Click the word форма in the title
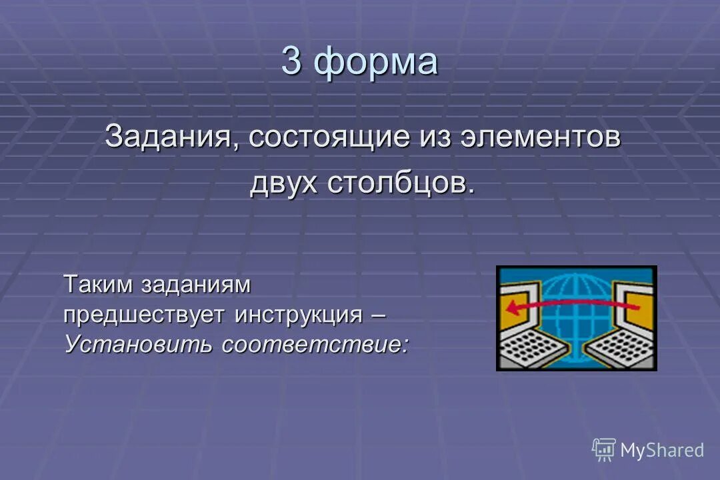point(377,63)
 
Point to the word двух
point(284,183)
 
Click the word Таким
point(98,285)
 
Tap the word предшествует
point(145,314)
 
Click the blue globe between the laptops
point(576,313)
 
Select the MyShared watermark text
point(661,451)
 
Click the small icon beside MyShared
point(604,450)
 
